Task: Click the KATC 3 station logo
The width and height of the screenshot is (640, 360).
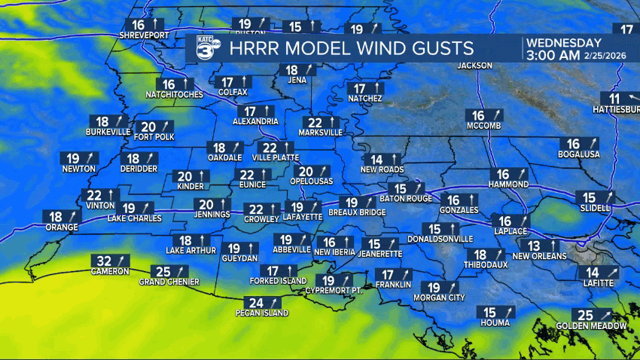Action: pos(207,47)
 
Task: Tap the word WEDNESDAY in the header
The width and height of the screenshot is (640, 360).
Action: pos(564,42)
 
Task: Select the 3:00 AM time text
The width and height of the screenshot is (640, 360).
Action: pos(553,55)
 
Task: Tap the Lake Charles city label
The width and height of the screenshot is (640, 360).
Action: pos(134,218)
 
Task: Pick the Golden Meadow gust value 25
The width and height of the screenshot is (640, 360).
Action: pos(583,315)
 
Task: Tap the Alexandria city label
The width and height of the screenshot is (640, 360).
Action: pos(257,121)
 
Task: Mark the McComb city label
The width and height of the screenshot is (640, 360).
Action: pos(483,126)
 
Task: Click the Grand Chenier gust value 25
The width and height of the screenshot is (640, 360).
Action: pos(162,271)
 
